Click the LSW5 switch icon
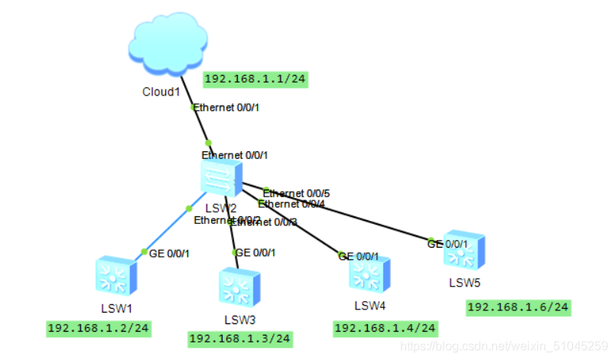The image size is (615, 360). pos(464,250)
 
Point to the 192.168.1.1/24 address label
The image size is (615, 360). pos(255,79)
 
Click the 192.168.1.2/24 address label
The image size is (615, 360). pos(99,329)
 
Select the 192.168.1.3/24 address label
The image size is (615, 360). pos(240,338)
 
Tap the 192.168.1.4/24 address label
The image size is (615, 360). pos(386,328)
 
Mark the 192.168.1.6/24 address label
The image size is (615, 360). pos(519,307)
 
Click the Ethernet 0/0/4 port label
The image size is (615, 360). pos(291,204)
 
